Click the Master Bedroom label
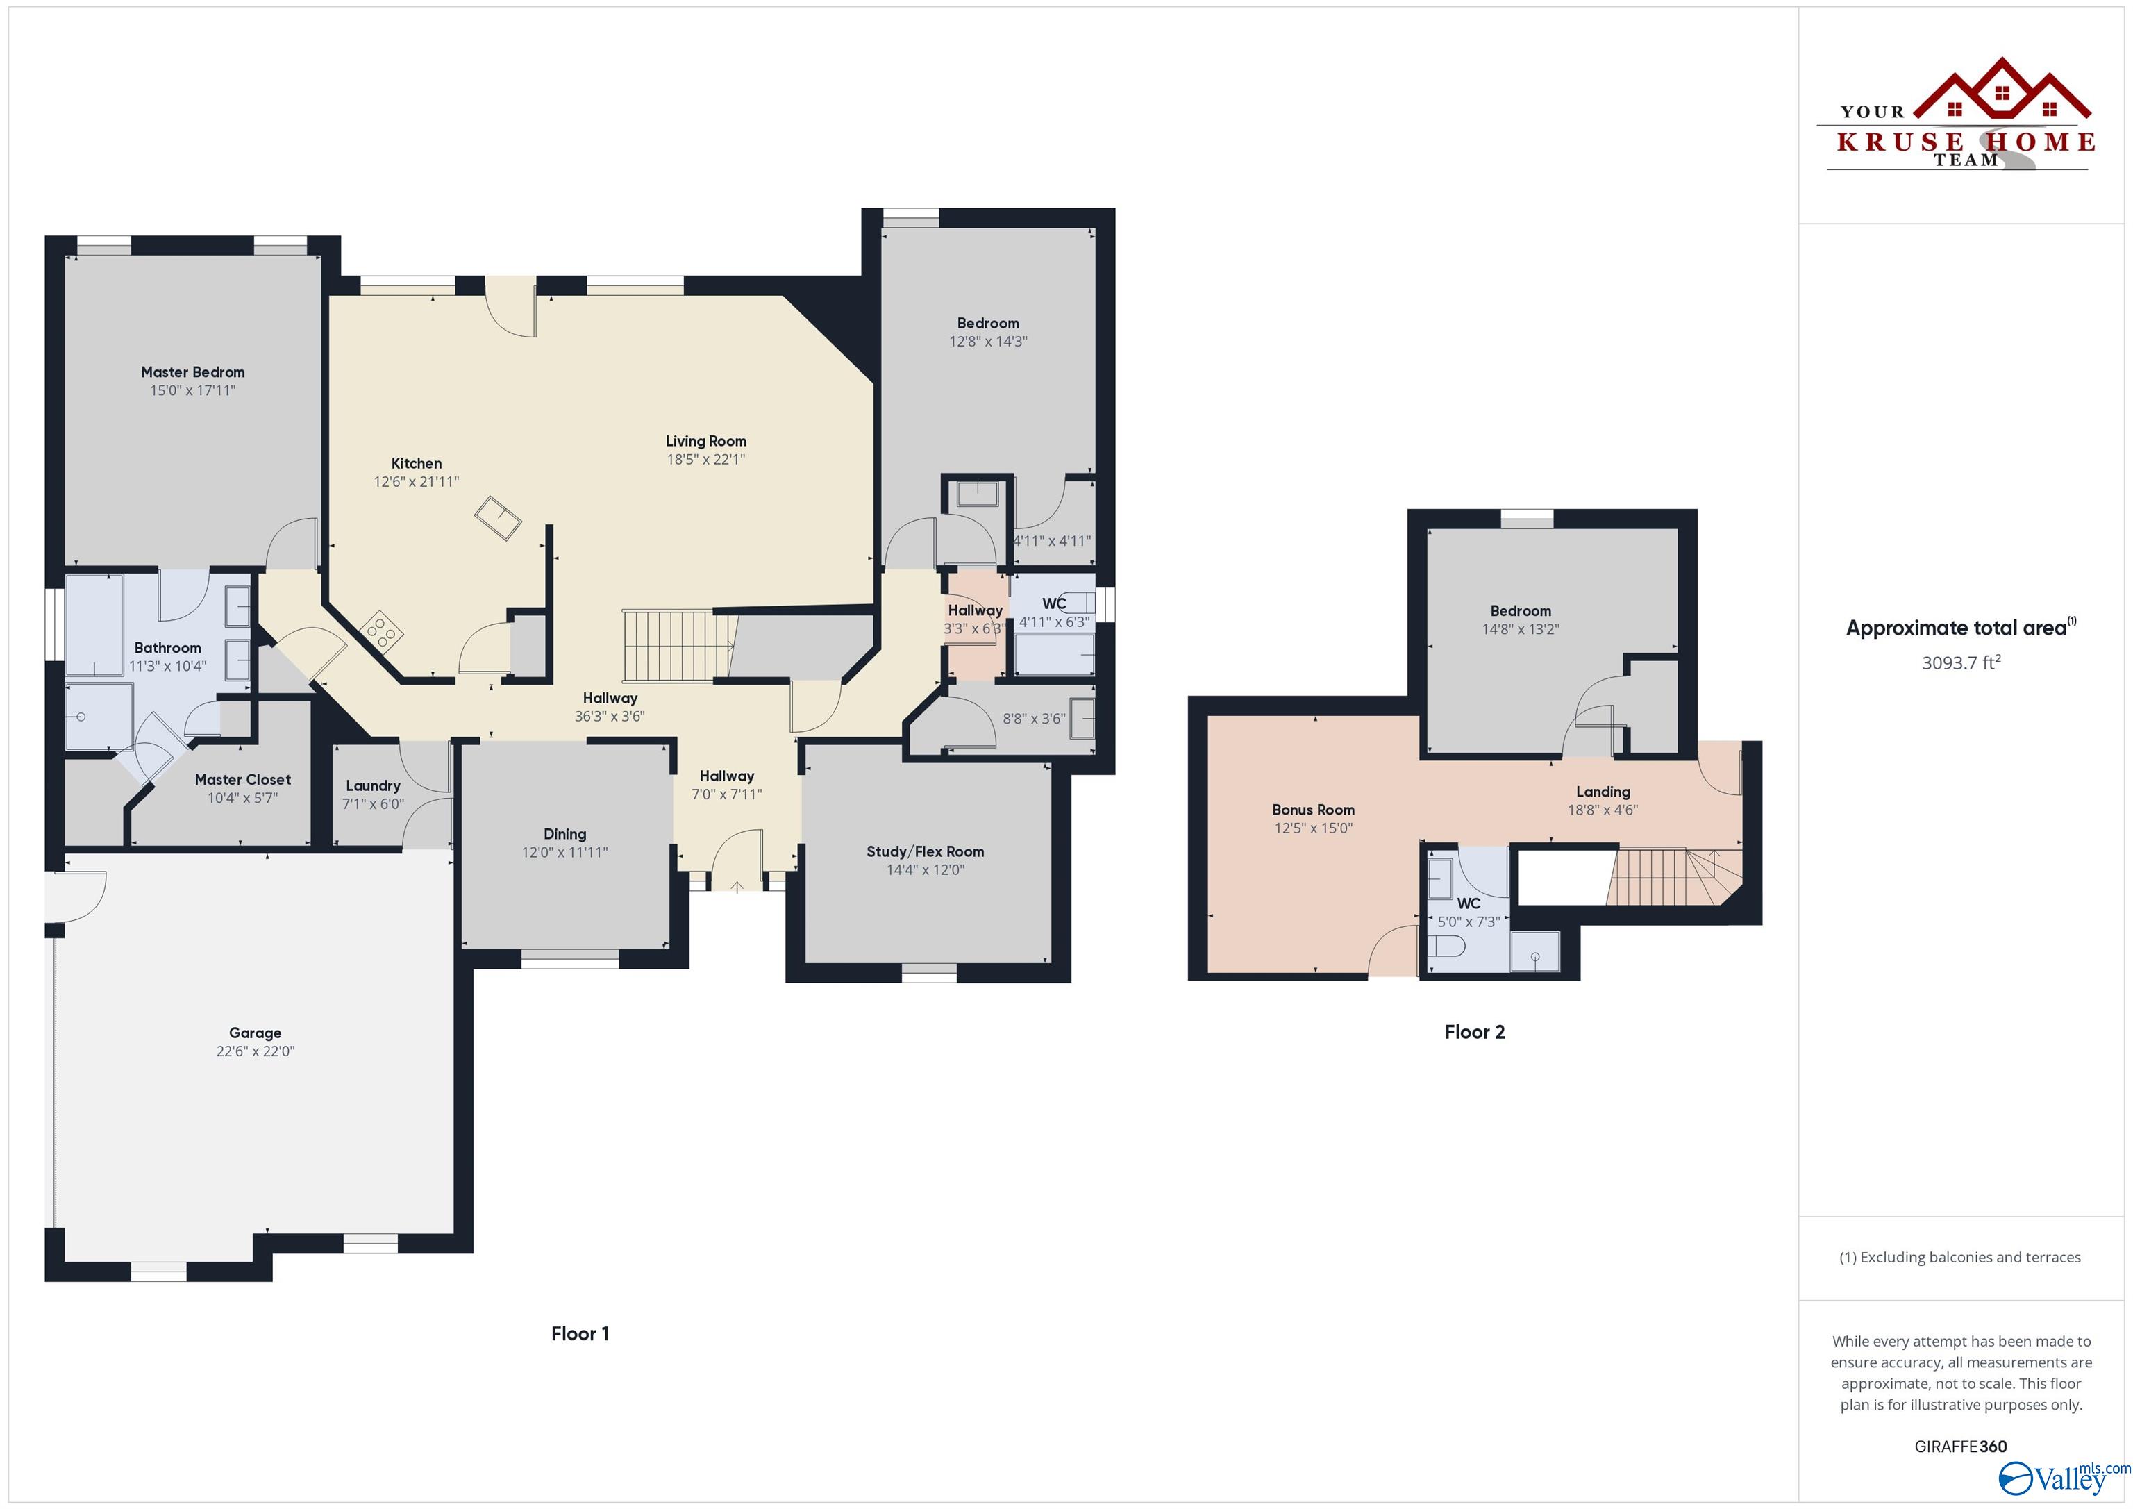point(192,372)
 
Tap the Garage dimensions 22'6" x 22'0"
point(255,1051)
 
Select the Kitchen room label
point(416,462)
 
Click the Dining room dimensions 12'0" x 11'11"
point(564,852)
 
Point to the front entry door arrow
point(737,887)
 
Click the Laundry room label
point(373,785)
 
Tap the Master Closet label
point(242,780)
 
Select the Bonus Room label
point(1313,809)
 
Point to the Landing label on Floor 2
point(1603,792)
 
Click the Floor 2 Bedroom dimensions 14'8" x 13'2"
point(1520,629)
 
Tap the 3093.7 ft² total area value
point(1960,662)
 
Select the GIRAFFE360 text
point(1960,1446)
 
